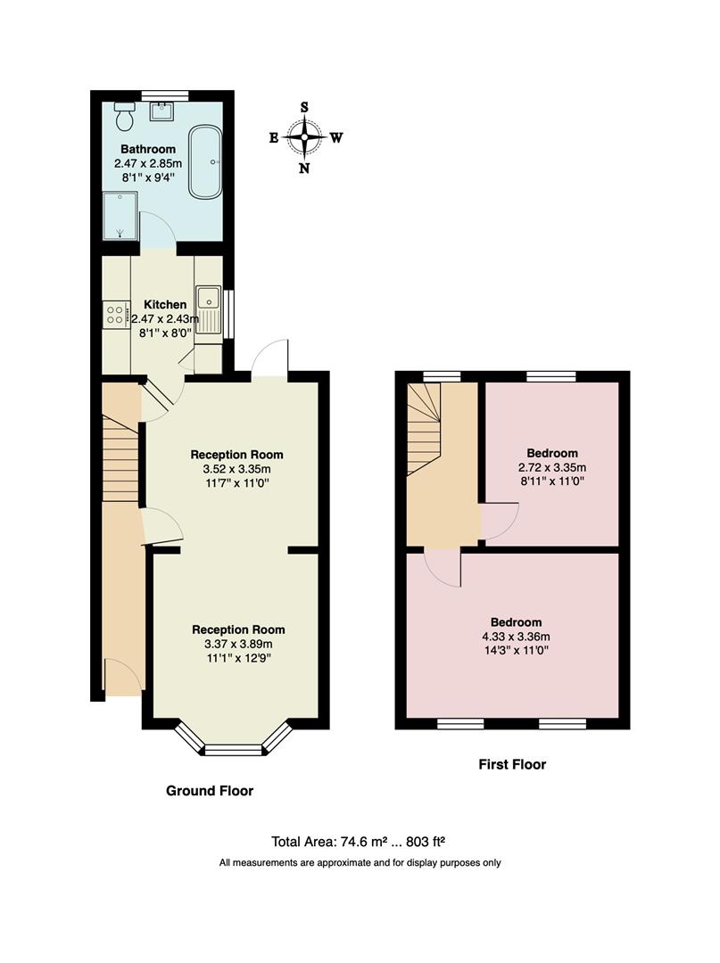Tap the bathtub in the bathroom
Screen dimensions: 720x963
point(205,163)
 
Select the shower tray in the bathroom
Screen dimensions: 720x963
point(120,216)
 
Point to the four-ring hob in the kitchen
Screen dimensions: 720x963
point(115,315)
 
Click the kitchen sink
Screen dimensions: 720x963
point(209,309)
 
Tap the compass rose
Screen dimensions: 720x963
point(305,137)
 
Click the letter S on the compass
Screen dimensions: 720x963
point(304,108)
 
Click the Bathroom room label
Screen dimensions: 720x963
point(148,149)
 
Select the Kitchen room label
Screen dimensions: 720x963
point(165,304)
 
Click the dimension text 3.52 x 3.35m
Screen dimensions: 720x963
point(236,469)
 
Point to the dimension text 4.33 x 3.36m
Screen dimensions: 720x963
point(516,637)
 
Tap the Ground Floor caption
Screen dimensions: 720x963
point(210,790)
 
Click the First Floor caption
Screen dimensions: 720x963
point(512,764)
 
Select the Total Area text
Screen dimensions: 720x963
point(358,842)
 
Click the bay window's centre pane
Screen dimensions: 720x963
point(234,750)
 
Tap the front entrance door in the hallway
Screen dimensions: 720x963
point(124,678)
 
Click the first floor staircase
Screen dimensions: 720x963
point(424,429)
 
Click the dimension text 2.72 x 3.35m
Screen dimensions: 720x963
point(552,467)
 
